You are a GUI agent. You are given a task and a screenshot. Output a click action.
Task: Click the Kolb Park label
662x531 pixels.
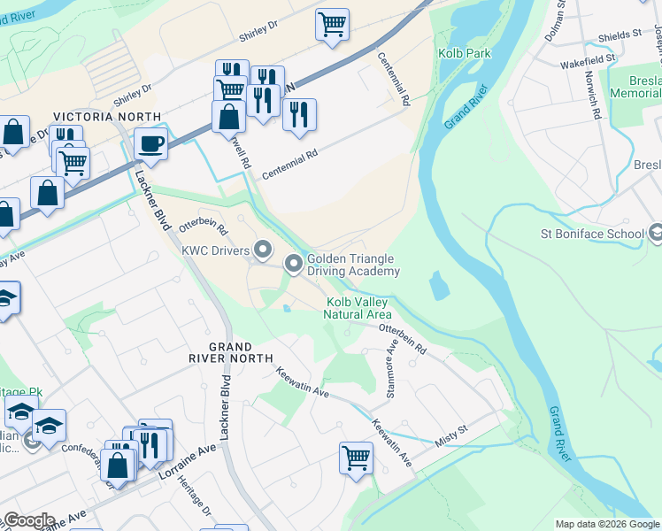tap(465, 54)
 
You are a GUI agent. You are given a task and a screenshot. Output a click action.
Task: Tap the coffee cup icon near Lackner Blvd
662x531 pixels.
tap(151, 142)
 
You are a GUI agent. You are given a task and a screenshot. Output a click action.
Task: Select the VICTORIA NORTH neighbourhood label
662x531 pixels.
tap(107, 117)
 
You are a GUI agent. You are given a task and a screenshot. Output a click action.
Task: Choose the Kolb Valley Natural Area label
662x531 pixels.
tap(357, 308)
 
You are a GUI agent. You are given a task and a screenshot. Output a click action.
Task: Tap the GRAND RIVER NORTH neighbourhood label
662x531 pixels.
tap(230, 352)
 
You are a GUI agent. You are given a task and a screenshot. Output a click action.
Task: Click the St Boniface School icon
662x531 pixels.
tap(656, 234)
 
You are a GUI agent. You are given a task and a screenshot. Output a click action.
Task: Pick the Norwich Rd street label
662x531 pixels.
tap(597, 101)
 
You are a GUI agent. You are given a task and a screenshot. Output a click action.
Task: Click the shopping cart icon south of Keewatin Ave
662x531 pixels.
tap(356, 458)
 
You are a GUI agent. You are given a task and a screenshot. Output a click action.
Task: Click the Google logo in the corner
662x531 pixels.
tap(28, 520)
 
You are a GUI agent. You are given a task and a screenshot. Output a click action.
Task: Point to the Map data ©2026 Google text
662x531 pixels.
tap(606, 524)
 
